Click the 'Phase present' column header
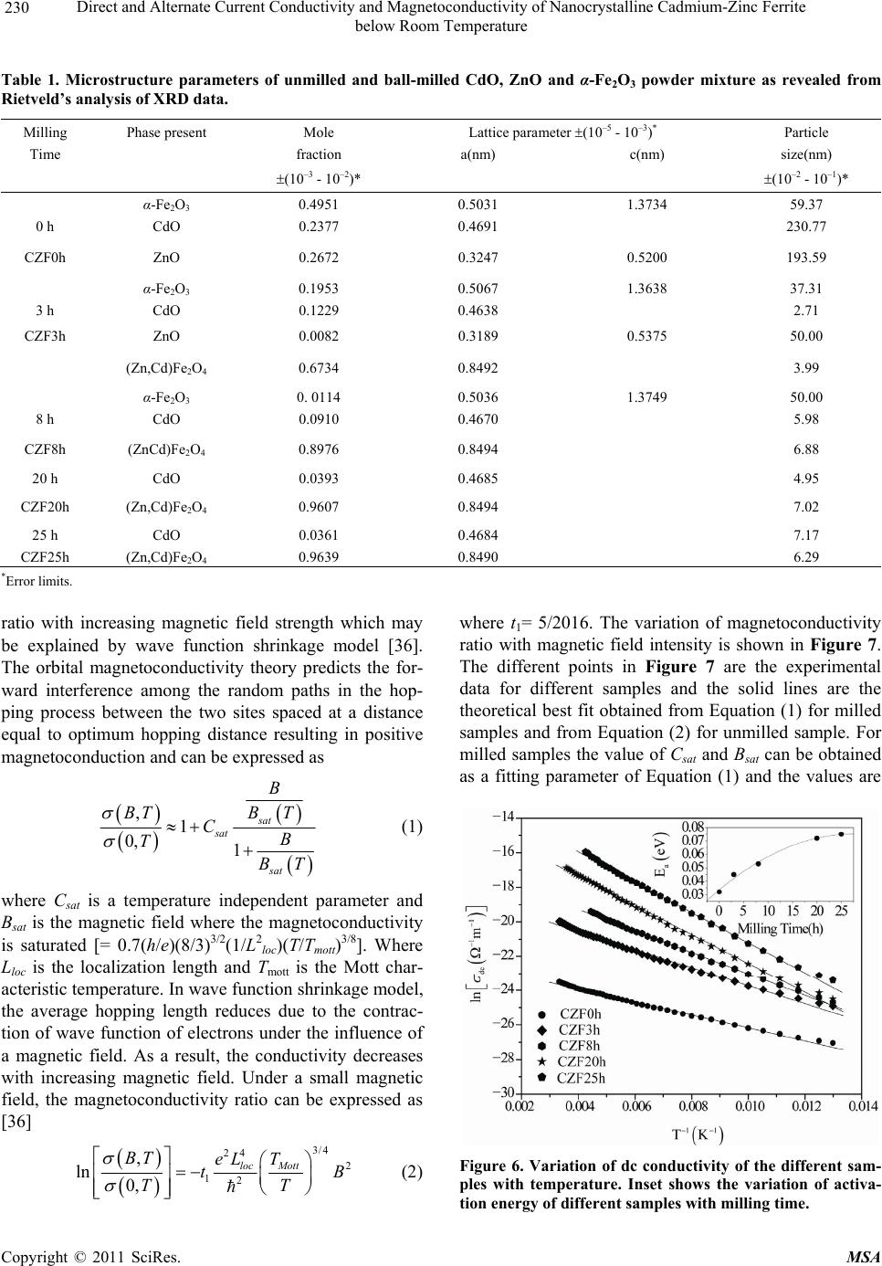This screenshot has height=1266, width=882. pyautogui.click(x=166, y=132)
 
